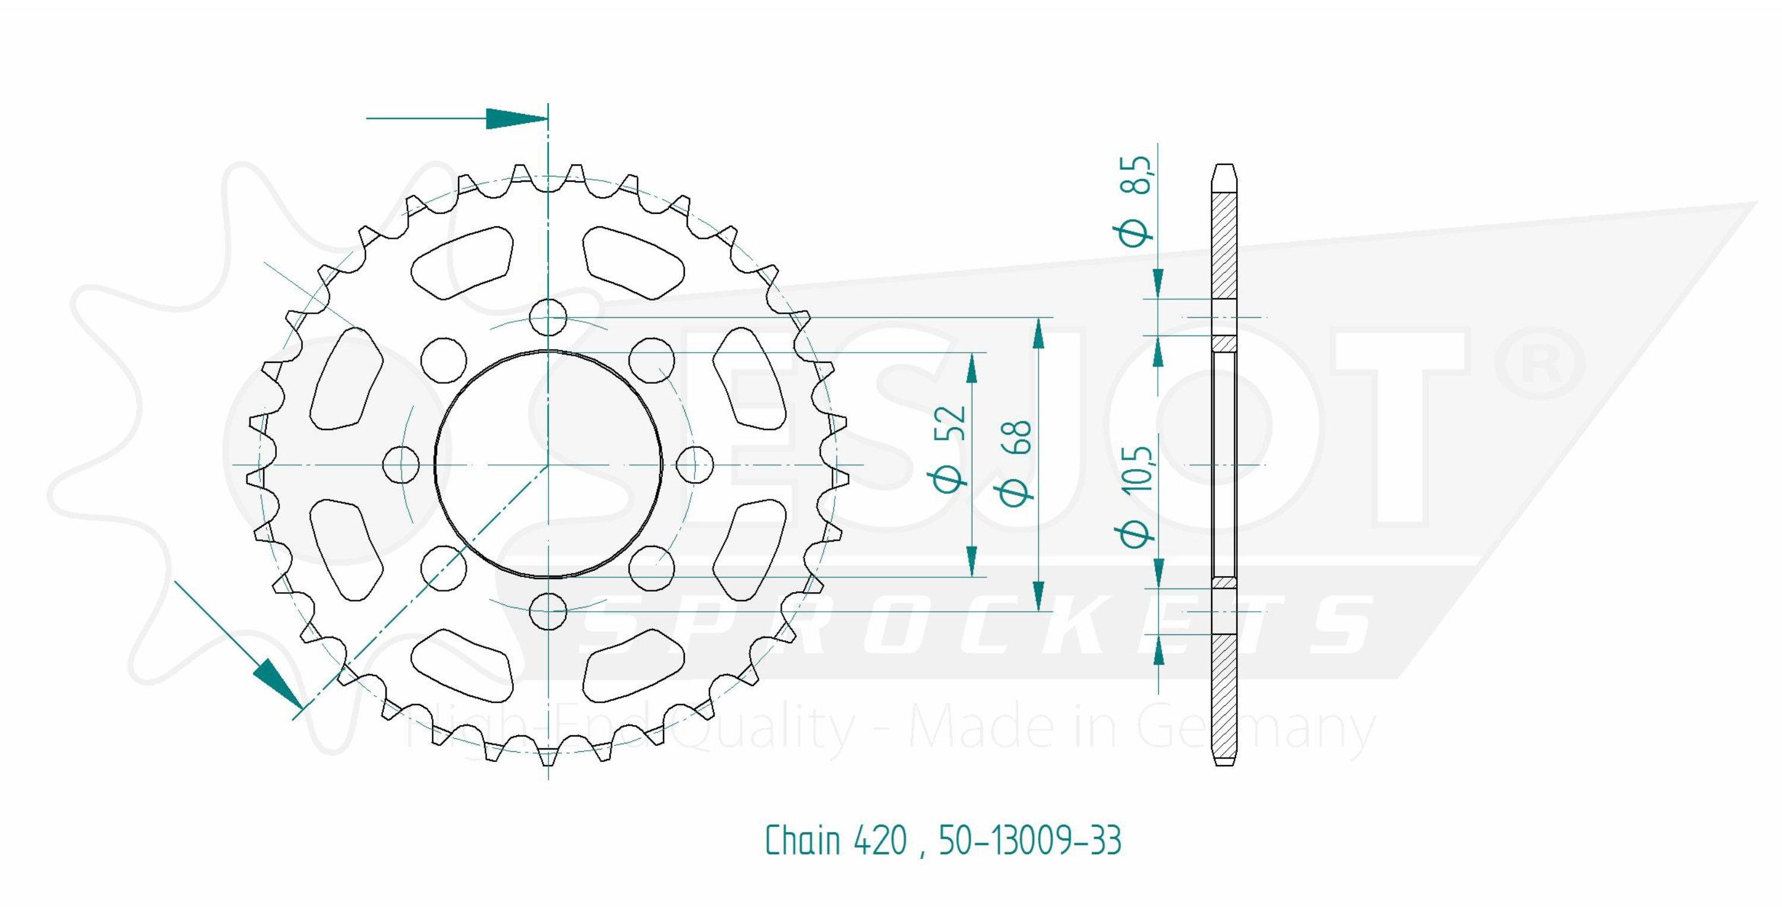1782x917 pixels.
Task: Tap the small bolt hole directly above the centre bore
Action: [x=548, y=317]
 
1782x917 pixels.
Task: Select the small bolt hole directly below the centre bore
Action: [x=548, y=611]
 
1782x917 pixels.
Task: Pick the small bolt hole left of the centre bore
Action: [x=401, y=464]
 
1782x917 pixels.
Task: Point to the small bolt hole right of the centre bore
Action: [x=694, y=464]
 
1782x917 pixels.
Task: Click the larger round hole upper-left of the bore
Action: [x=444, y=361]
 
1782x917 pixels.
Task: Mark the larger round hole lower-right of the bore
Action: [x=652, y=568]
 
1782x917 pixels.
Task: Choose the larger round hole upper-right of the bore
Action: [x=652, y=361]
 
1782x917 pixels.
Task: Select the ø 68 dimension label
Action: [x=1014, y=459]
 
